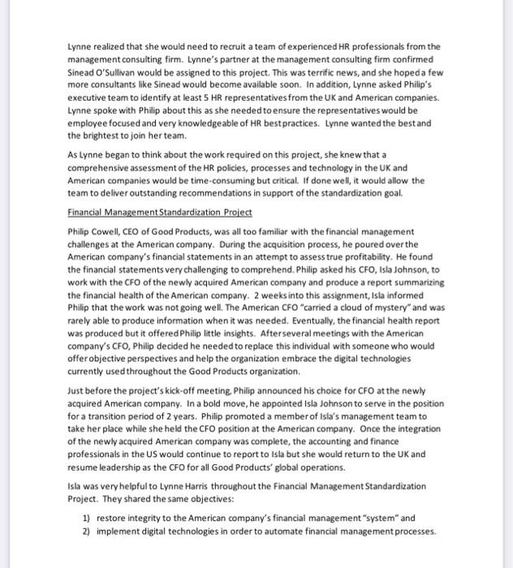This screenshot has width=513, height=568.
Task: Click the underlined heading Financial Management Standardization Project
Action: (159, 213)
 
